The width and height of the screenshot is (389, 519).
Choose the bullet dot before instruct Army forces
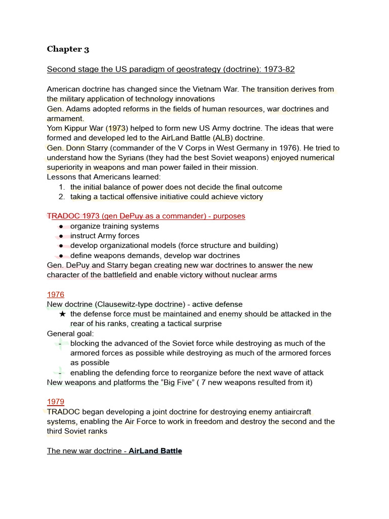[61, 236]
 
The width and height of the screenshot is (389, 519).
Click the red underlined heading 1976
[56, 294]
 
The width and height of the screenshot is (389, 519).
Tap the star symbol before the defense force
[62, 314]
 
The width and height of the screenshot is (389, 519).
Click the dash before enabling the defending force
[60, 373]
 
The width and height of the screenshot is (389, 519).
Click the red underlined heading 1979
[56, 402]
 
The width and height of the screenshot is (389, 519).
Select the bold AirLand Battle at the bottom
[155, 451]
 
